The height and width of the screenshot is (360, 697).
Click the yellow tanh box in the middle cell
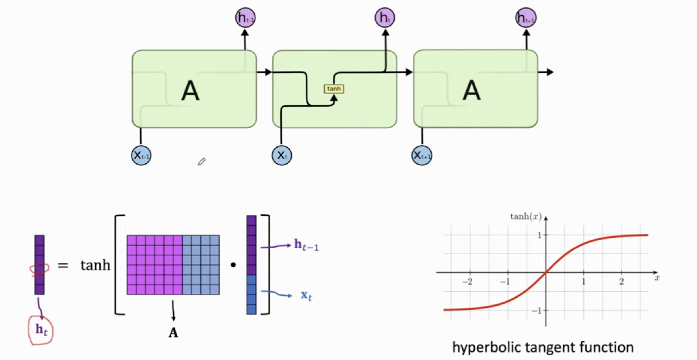point(334,89)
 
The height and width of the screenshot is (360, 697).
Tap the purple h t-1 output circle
point(245,18)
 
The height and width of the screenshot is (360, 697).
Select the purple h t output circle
point(385,18)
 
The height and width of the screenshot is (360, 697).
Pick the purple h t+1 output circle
point(526,18)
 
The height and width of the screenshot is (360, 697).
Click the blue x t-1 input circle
point(141,155)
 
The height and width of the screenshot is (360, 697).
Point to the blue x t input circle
point(282,155)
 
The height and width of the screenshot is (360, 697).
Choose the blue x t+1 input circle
point(422,155)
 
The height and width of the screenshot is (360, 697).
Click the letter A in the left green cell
point(190,91)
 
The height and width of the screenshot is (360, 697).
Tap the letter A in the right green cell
point(471,91)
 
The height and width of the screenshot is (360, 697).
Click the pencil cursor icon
point(202,162)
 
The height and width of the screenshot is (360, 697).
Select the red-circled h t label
point(41,330)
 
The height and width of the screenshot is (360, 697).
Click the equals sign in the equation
point(63,265)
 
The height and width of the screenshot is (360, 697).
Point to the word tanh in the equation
point(95,265)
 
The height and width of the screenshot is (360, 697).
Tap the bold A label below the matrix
point(173,332)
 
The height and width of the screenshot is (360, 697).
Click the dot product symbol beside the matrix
point(233,265)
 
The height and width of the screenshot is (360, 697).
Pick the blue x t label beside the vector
point(306,296)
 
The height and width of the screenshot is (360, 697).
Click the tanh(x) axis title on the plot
point(526,217)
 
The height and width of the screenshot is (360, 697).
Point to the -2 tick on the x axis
point(467,281)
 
